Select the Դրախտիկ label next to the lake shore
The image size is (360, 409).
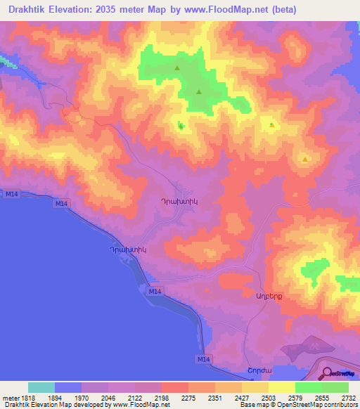(x=127, y=249)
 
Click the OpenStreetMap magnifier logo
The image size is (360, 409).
(x=326, y=374)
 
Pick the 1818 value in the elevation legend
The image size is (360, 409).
(x=25, y=397)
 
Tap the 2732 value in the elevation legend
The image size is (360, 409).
(x=348, y=397)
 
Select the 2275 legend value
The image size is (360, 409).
(x=188, y=397)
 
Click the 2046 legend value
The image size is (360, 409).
(x=108, y=397)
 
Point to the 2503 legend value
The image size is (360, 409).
(x=268, y=397)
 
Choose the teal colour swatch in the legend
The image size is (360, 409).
(x=41, y=387)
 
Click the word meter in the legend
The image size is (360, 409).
(x=8, y=397)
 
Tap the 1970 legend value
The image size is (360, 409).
(x=81, y=397)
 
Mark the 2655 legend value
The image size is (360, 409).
(x=321, y=397)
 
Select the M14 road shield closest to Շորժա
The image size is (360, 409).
(x=202, y=359)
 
